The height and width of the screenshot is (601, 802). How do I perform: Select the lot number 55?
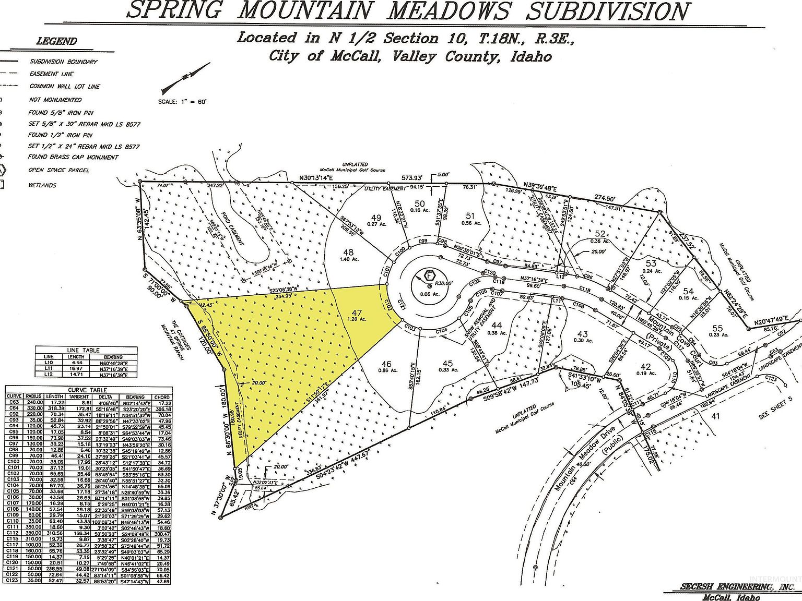(717, 328)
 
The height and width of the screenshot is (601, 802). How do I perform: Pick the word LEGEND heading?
(56, 41)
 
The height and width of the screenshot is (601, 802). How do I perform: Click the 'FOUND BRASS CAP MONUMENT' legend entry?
(73, 157)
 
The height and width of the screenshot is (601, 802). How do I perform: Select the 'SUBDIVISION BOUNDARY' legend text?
(63, 62)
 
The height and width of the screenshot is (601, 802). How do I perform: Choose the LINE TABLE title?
(83, 350)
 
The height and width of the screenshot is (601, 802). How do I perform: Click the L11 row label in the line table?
(49, 369)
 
